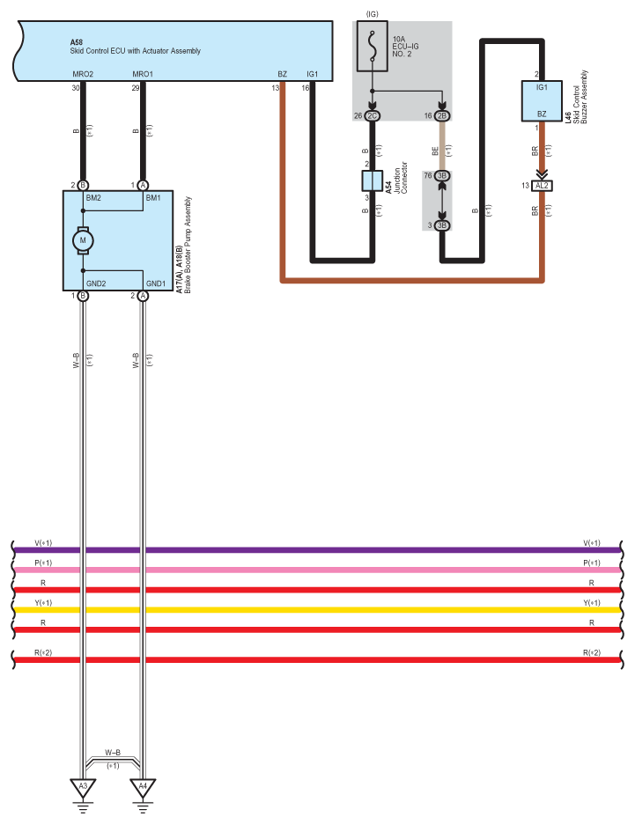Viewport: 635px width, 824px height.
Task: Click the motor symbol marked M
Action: [x=83, y=240]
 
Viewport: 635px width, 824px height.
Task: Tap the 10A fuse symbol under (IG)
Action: [x=373, y=47]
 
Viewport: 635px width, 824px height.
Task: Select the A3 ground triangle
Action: [x=83, y=788]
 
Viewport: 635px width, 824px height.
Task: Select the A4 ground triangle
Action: [x=143, y=788]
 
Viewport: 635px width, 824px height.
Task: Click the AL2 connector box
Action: [x=542, y=186]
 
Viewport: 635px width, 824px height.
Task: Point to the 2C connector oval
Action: [x=373, y=115]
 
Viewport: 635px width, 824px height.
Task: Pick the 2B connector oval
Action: [x=442, y=115]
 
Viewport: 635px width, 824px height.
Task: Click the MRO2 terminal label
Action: [x=83, y=74]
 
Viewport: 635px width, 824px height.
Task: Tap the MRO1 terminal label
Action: [x=143, y=74]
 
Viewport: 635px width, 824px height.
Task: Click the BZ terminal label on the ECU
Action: [x=283, y=74]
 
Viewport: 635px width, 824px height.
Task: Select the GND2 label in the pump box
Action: [x=96, y=283]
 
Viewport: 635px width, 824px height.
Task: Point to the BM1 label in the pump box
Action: [x=153, y=197]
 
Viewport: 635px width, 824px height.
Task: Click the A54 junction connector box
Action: [x=373, y=180]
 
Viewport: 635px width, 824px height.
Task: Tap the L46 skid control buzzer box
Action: [x=542, y=101]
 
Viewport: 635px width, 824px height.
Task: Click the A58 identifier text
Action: [x=77, y=42]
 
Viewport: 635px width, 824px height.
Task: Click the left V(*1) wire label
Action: [x=43, y=543]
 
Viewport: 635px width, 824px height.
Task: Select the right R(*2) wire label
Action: [x=591, y=652]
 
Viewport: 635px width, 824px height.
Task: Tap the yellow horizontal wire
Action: [x=317, y=609]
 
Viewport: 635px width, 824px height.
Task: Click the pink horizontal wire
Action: [x=317, y=570]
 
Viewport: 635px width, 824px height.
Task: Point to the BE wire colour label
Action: [x=435, y=151]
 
